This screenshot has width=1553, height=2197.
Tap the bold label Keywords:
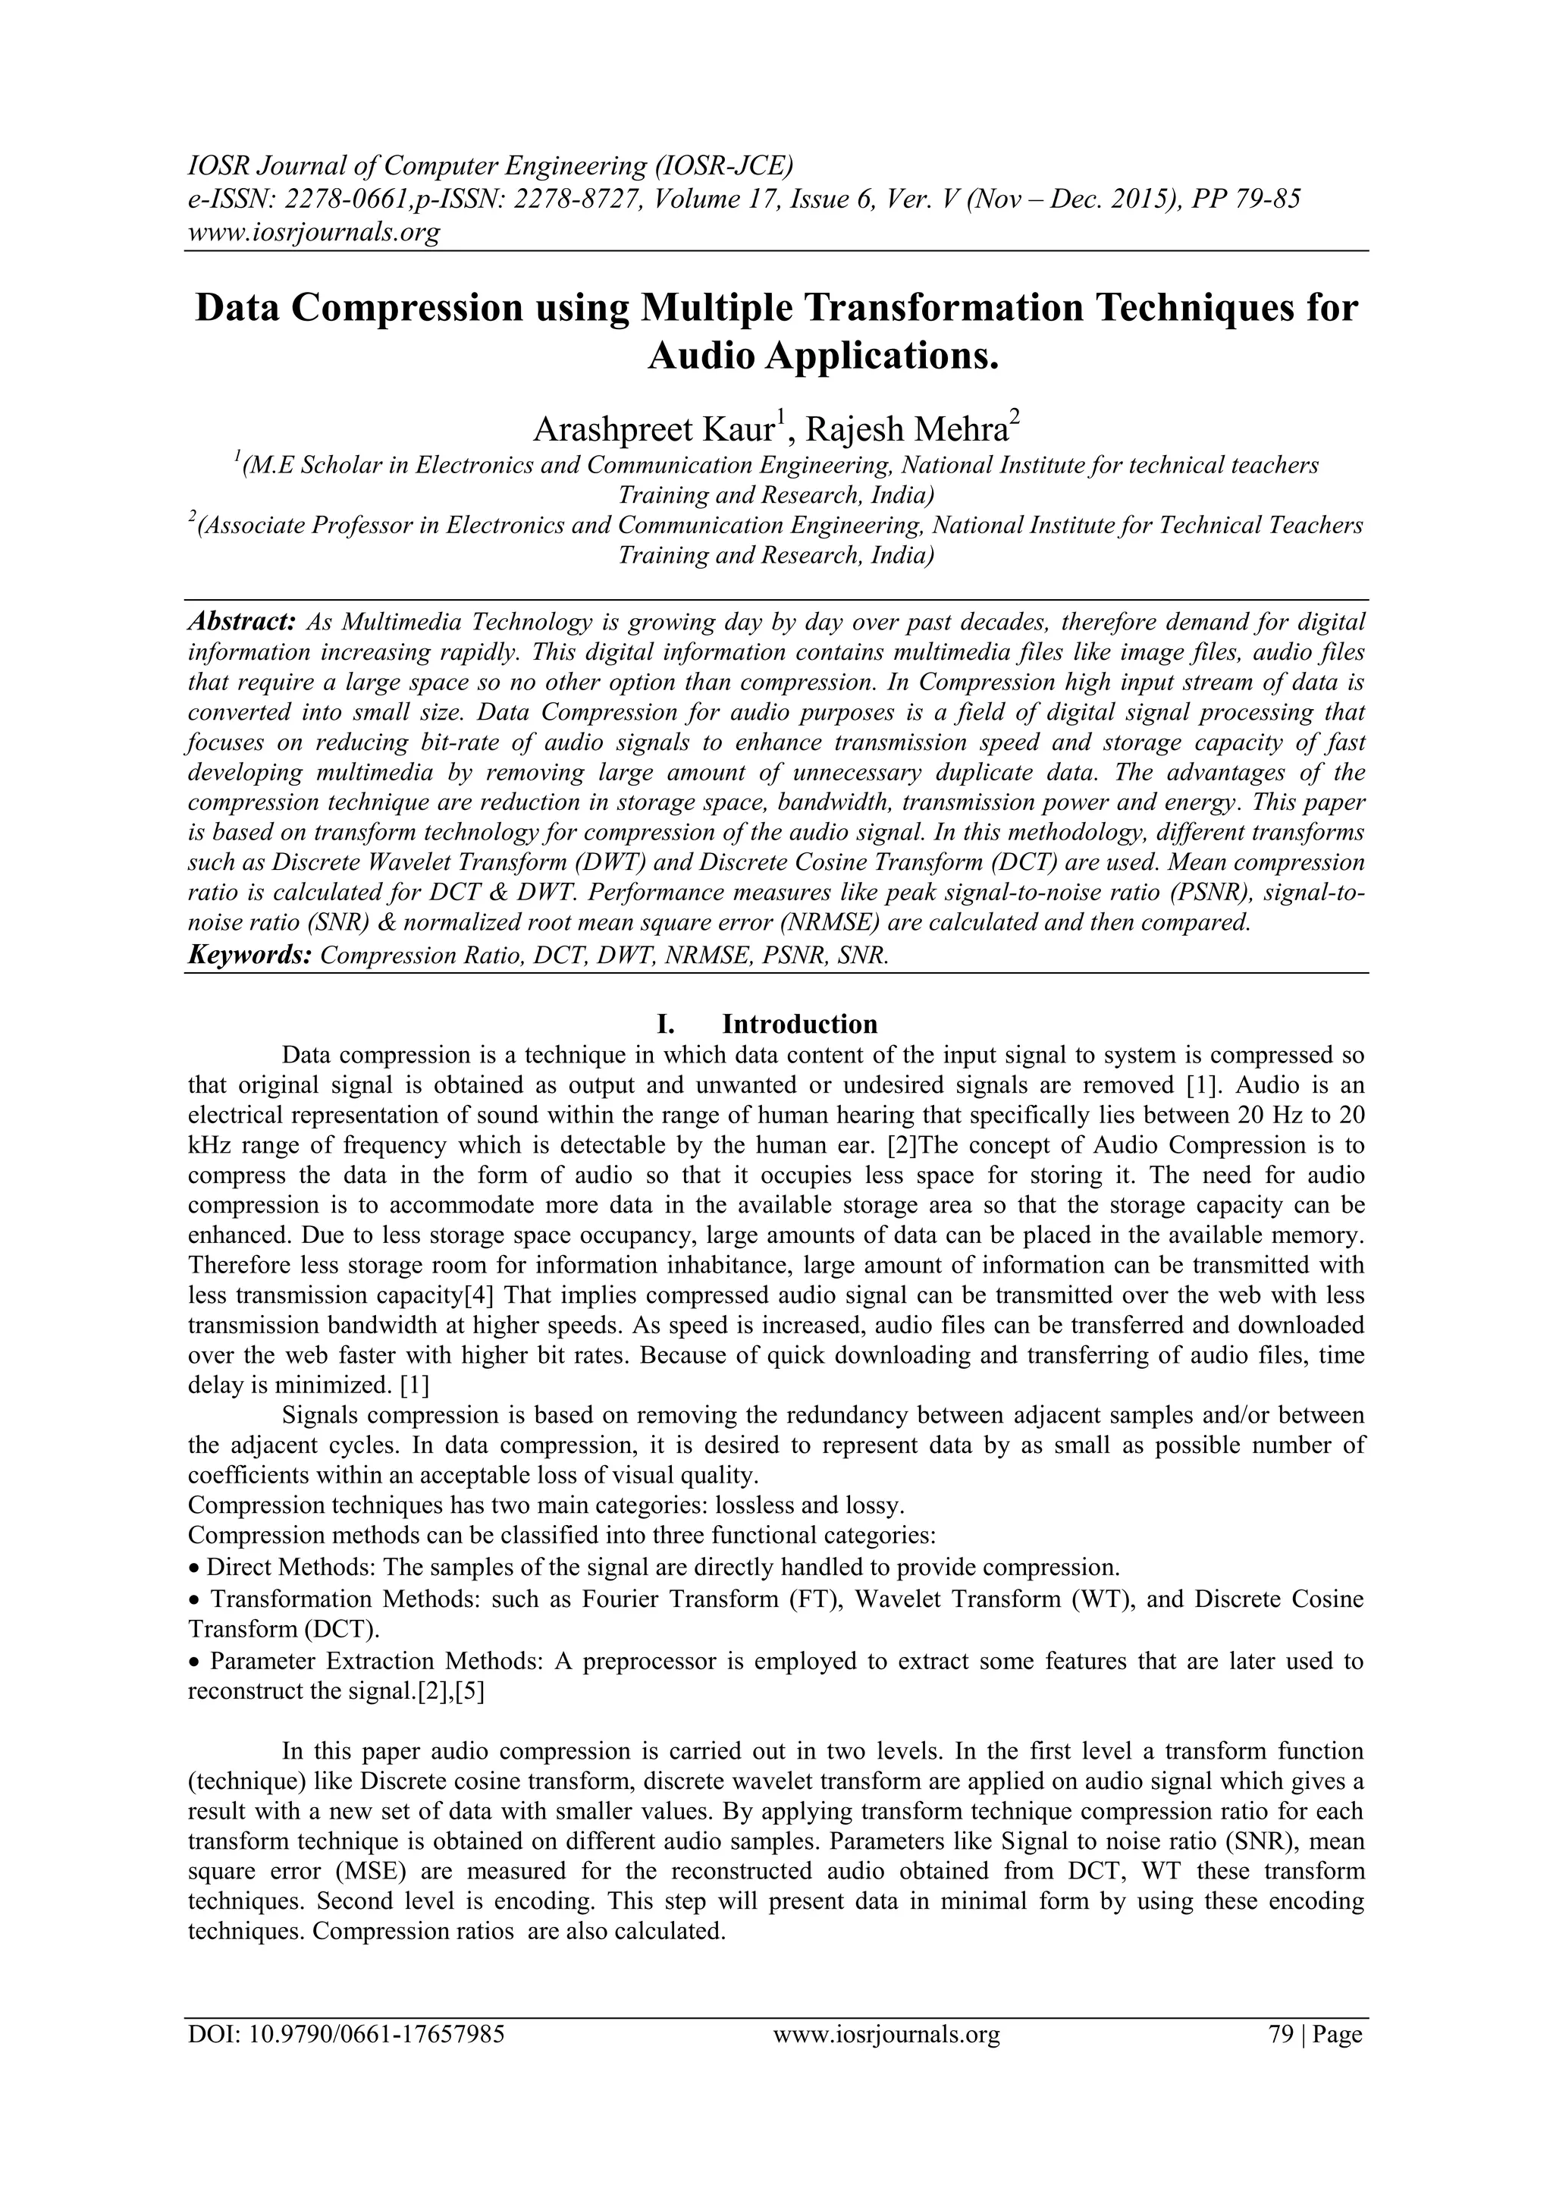(x=249, y=955)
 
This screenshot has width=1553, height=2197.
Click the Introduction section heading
(x=799, y=1024)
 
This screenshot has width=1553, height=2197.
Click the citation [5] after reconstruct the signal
(x=470, y=1691)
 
